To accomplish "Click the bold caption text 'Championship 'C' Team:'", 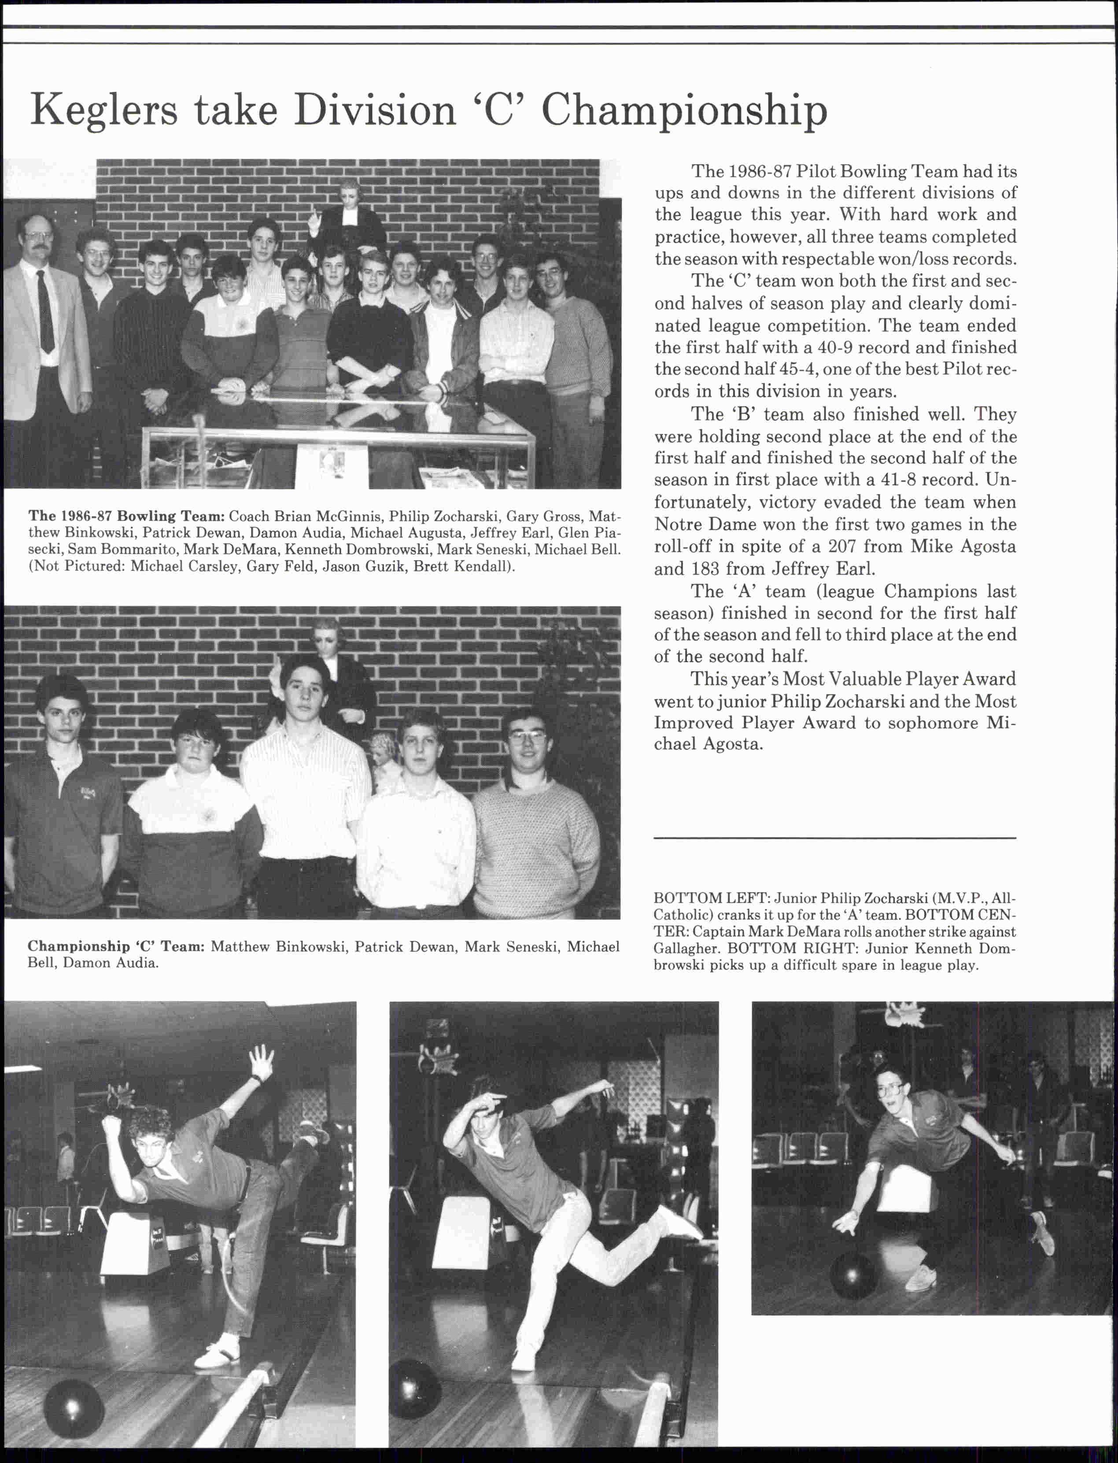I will click(x=116, y=946).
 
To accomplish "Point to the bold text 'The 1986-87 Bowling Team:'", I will click(x=126, y=516).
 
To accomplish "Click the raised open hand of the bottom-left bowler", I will click(x=261, y=1061).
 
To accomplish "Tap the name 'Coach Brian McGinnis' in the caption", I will click(x=306, y=516).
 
